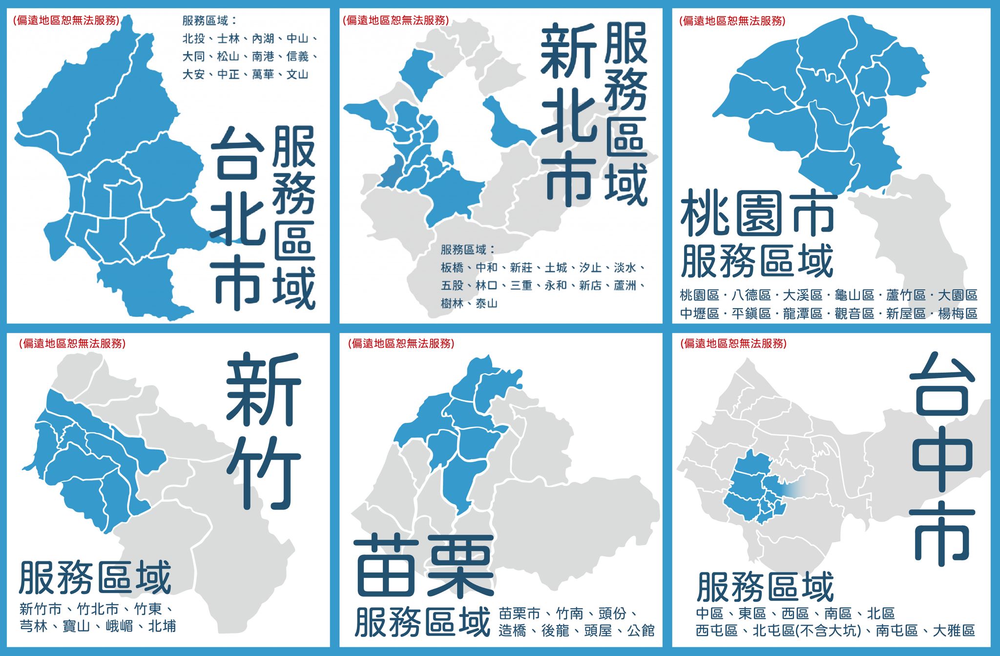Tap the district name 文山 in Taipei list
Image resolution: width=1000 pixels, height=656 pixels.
(297, 75)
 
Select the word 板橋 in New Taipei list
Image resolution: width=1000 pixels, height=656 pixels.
(452, 268)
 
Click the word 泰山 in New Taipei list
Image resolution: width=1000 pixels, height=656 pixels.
(486, 304)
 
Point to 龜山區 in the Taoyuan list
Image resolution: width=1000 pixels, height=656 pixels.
(854, 295)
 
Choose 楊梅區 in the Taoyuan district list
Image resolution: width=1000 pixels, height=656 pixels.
(957, 314)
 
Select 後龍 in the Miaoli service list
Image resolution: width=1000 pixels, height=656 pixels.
(555, 631)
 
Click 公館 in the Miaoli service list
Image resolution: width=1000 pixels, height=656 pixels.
(641, 631)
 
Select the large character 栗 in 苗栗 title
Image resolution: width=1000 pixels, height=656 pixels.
(458, 567)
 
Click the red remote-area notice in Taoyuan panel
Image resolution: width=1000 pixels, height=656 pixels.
(732, 21)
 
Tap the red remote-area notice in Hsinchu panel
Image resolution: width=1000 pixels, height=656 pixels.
(72, 343)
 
